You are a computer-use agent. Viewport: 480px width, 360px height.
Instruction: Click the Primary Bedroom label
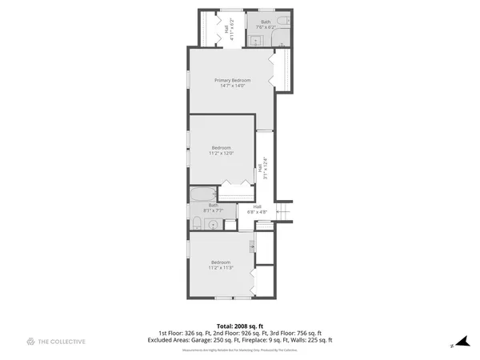(232, 80)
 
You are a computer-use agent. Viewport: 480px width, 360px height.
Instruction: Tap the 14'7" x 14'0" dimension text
(232, 86)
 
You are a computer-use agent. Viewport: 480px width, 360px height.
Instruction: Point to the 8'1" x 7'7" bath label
(214, 208)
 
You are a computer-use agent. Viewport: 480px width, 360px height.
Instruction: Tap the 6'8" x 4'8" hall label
(257, 209)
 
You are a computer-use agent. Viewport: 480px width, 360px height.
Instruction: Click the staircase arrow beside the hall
(282, 210)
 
